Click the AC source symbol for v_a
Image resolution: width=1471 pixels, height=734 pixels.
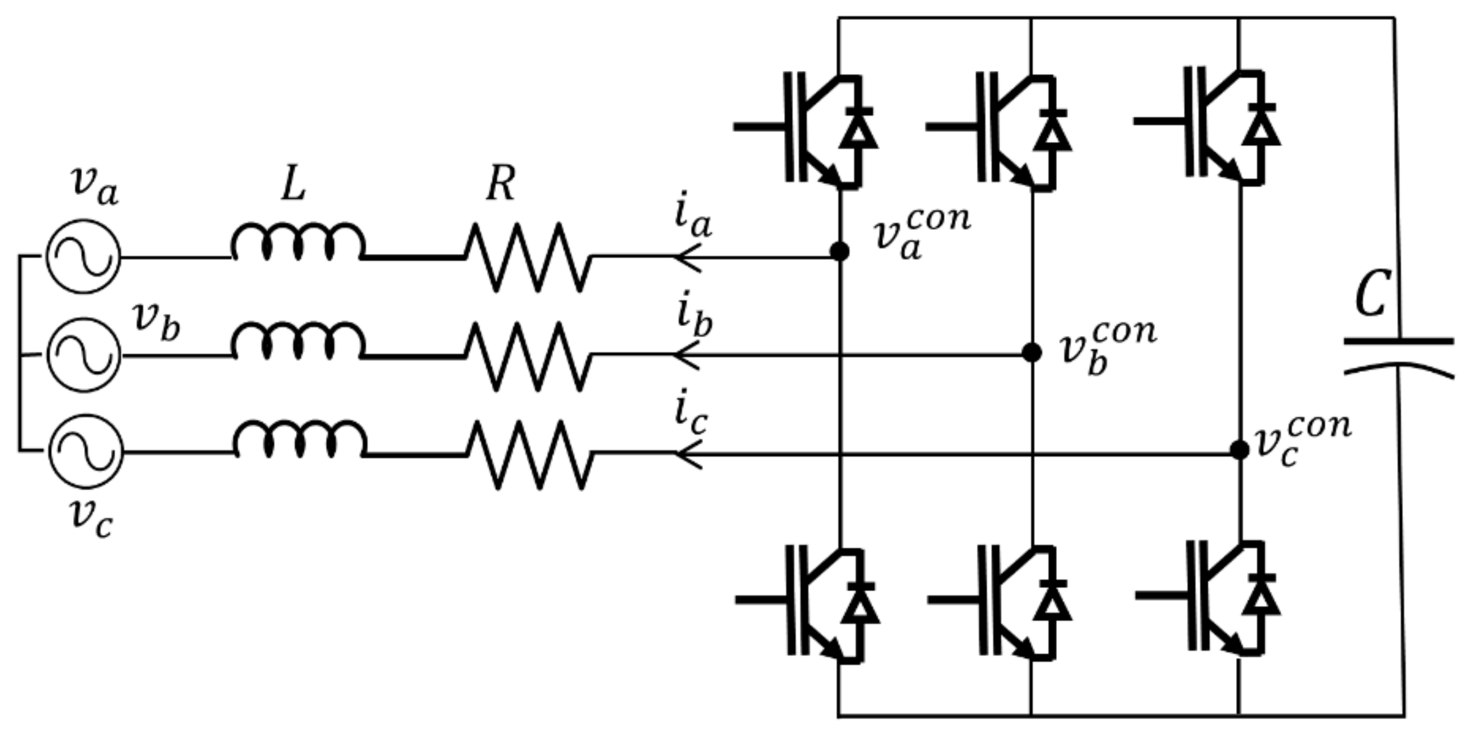pyautogui.click(x=83, y=257)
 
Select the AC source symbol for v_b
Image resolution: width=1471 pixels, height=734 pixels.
pyautogui.click(x=84, y=355)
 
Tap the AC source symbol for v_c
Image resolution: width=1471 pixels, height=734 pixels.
pyautogui.click(x=86, y=451)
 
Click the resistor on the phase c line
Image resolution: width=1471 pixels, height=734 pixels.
pyautogui.click(x=530, y=455)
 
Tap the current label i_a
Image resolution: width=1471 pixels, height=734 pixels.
pyautogui.click(x=692, y=216)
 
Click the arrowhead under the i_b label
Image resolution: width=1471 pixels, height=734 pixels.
pyautogui.click(x=684, y=355)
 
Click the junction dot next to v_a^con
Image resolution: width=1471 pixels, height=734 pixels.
pyautogui.click(x=839, y=251)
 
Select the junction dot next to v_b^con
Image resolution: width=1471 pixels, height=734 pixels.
pyautogui.click(x=1032, y=353)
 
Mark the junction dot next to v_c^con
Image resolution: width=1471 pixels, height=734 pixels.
pyautogui.click(x=1239, y=450)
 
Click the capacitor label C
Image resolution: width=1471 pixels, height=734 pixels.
pyautogui.click(x=1371, y=295)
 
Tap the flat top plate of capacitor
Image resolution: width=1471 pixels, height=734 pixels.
pyautogui.click(x=1399, y=342)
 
